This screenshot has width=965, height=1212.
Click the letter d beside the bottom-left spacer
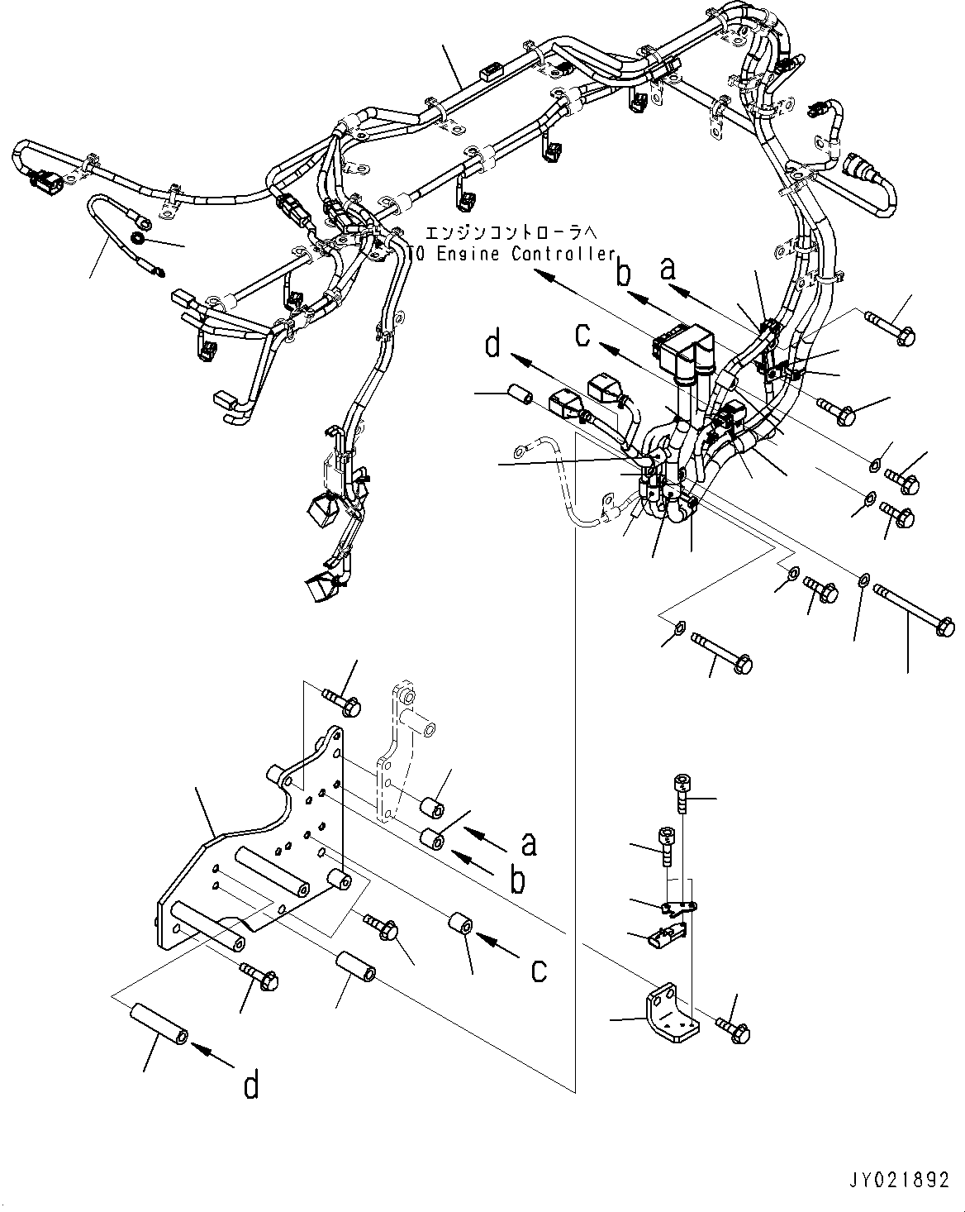pyautogui.click(x=250, y=1084)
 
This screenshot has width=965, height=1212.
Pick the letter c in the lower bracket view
pyautogui.click(x=539, y=970)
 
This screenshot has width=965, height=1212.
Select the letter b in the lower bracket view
pyautogui.click(x=518, y=880)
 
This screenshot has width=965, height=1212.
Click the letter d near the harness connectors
pyautogui.click(x=493, y=344)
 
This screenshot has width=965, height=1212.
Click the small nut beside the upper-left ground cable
pyautogui.click(x=139, y=240)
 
